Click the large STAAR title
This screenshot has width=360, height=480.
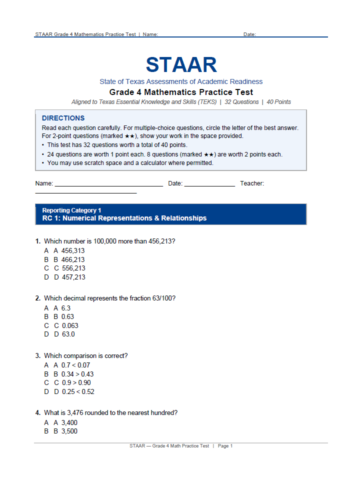tap(181, 65)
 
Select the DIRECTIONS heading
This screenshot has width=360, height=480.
tap(63, 118)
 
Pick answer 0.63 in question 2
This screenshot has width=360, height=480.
tap(67, 316)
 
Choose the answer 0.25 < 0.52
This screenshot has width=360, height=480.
tap(77, 391)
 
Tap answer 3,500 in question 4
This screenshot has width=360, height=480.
tap(69, 431)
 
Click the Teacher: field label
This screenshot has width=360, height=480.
tap(252, 183)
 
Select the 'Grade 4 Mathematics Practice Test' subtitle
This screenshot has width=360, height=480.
tap(181, 92)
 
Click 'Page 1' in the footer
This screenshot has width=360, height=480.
tap(225, 446)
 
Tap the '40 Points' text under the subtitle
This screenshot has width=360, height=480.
tap(278, 102)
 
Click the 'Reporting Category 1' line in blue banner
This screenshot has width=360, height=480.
tap(71, 210)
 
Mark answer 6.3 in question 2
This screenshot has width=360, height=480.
tap(65, 308)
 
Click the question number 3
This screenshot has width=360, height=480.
tap(37, 356)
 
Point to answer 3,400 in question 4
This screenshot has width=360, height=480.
tap(69, 422)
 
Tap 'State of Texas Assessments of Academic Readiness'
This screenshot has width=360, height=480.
tap(181, 81)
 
